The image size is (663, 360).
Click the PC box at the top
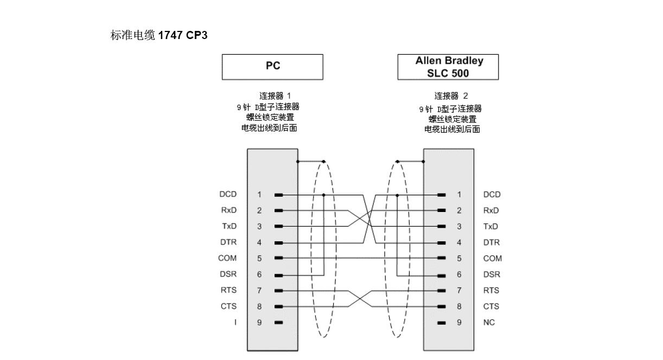click(272, 66)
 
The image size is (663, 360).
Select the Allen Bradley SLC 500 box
click(449, 66)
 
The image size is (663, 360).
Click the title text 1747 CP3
click(183, 36)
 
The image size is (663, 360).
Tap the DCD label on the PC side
click(227, 194)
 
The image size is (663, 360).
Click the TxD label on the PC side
click(228, 226)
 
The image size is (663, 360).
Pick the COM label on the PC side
click(227, 258)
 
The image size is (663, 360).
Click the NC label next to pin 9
click(489, 323)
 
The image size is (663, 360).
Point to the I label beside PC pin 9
click(234, 323)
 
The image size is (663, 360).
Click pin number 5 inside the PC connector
click(259, 258)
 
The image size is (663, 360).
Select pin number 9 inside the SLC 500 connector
click(459, 323)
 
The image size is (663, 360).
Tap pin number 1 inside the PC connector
click(259, 194)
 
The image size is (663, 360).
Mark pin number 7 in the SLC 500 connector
click(459, 290)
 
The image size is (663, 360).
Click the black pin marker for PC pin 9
click(278, 323)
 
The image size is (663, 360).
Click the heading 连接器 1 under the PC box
click(271, 95)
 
